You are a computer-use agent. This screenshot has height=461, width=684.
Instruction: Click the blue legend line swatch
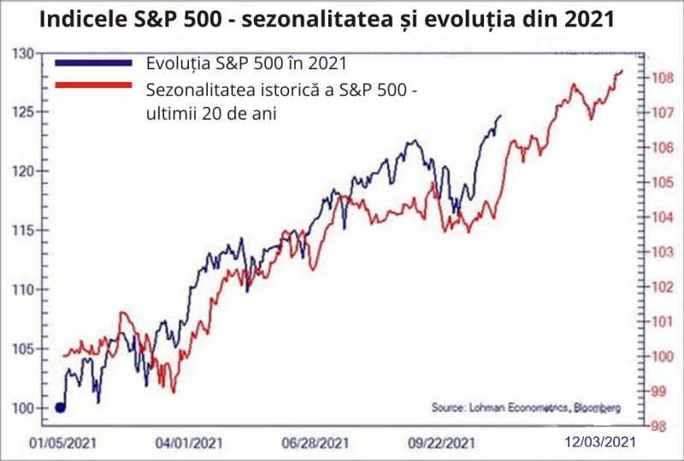click(94, 63)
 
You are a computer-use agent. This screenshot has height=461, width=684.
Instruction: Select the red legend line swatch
click(94, 85)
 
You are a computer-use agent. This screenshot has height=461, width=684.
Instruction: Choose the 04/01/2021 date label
click(188, 444)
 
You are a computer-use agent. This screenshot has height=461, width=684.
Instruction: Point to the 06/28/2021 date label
click(314, 444)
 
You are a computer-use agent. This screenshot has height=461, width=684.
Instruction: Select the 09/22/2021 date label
click(441, 444)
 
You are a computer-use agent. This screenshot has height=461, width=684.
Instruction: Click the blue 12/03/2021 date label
click(601, 442)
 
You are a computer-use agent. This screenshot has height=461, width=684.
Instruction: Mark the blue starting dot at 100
click(60, 407)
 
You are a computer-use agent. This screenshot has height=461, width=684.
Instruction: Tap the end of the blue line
click(500, 115)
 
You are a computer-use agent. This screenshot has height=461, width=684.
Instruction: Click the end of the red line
click(622, 70)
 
